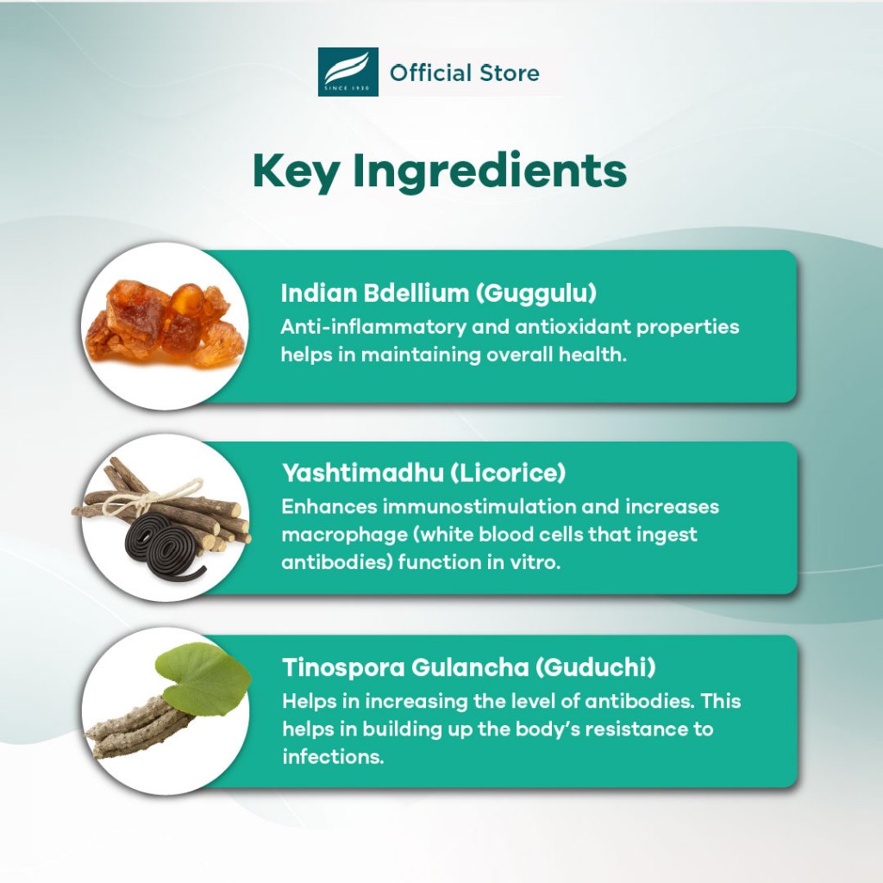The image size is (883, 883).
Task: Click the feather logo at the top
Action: tap(348, 72)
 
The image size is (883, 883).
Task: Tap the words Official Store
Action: tap(465, 73)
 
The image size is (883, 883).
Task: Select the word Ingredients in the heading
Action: tap(490, 172)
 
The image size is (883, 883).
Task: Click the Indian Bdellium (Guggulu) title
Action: tap(439, 293)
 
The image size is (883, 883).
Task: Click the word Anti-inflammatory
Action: tap(373, 327)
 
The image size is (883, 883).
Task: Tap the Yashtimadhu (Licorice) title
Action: tap(423, 473)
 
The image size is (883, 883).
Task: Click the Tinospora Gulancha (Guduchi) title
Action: tap(469, 667)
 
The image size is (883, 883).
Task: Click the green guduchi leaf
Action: tap(203, 679)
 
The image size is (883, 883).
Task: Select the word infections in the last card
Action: tap(333, 756)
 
